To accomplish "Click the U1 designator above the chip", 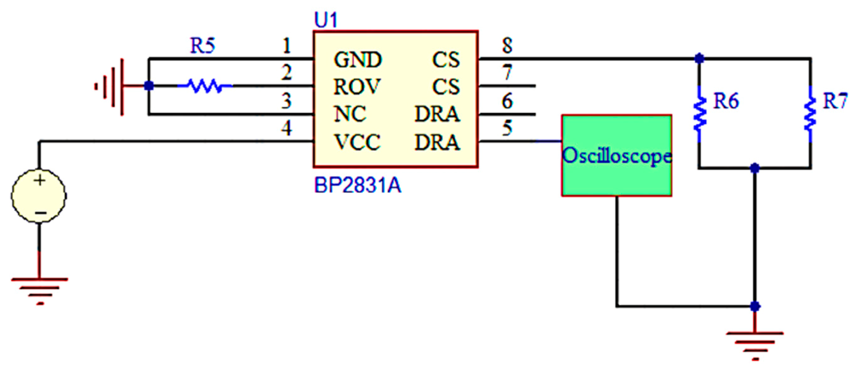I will point(326,20).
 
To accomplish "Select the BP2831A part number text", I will point(357,185).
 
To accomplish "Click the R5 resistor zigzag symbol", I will point(205,85).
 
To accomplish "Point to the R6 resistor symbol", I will point(699,114).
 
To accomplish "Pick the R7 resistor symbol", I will point(810,114).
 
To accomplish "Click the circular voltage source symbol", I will point(39,196).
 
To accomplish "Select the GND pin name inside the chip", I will point(357,60).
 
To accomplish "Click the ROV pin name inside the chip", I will point(357,87).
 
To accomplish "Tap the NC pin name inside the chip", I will point(350,114).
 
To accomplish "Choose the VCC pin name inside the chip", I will point(357,143).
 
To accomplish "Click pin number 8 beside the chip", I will point(507,45).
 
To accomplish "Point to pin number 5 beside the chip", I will point(507,128).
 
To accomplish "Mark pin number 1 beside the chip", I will point(286,46).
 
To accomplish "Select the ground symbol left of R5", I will point(110,86).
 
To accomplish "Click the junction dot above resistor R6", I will point(699,58).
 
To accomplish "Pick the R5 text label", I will point(202,46).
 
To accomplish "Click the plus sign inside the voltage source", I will point(40,180).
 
